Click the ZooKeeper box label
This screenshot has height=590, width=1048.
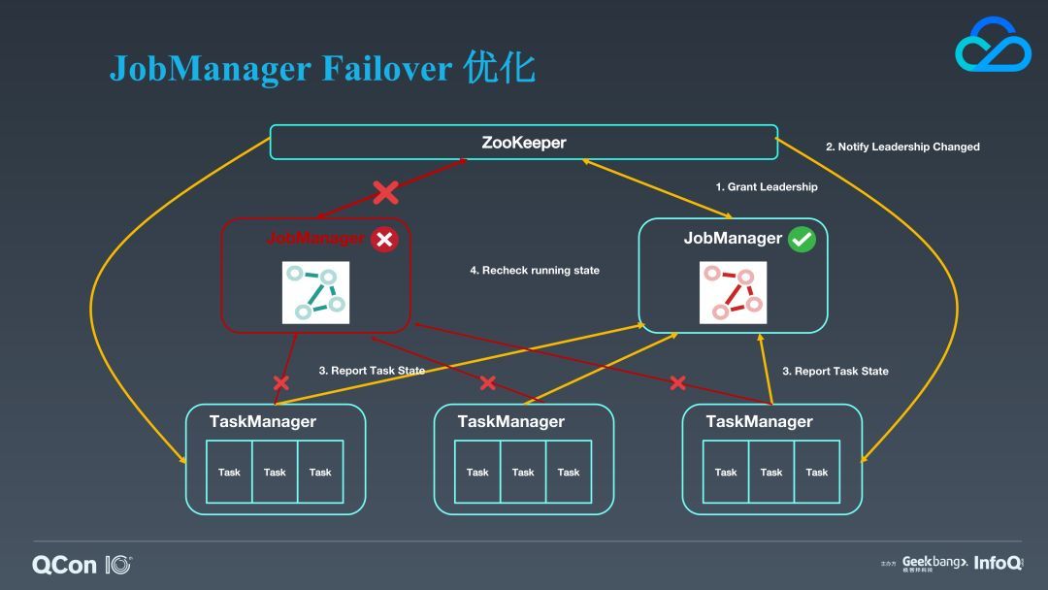coord(524,143)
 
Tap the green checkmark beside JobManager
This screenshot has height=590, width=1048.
coord(802,240)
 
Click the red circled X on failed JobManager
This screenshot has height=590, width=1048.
coord(384,240)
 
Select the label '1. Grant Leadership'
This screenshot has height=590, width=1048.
coord(767,187)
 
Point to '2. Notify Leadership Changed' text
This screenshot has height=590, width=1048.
coord(903,147)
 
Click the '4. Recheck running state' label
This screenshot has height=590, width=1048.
coord(535,271)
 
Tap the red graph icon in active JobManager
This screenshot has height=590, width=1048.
coord(734,293)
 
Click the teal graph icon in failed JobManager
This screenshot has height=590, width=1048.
coord(315,293)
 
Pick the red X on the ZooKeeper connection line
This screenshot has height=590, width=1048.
coord(385,192)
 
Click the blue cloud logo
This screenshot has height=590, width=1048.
coord(994,46)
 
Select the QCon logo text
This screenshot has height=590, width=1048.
coord(64,566)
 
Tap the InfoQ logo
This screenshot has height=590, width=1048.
coord(998,563)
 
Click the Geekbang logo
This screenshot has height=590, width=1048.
coord(934,563)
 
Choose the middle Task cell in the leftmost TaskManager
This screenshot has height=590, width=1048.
coord(275,472)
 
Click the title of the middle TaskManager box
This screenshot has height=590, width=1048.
coord(511,421)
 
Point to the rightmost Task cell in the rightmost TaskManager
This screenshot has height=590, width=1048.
coord(817,472)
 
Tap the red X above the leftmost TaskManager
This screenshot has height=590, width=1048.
coord(281,383)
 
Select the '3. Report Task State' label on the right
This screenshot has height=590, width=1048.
coord(835,372)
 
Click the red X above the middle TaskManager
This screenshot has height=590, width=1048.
coord(488,383)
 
